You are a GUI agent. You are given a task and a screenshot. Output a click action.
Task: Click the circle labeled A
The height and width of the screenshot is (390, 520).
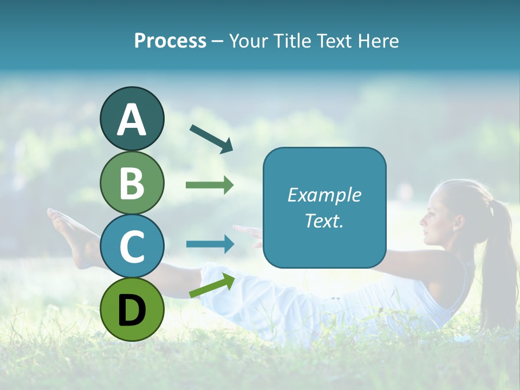coord(132,119)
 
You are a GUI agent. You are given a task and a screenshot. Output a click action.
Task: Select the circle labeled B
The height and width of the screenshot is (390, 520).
coord(132,183)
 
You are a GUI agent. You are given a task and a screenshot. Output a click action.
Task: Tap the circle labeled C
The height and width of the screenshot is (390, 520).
coord(132,246)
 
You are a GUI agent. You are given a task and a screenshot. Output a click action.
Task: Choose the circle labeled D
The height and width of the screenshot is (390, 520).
coord(132,309)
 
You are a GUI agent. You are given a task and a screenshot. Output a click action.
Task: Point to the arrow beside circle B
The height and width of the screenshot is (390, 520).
coord(210,185)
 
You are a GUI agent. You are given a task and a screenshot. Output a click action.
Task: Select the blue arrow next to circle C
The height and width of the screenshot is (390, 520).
coord(210,244)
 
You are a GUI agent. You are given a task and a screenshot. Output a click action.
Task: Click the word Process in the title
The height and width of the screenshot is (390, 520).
coord(170,41)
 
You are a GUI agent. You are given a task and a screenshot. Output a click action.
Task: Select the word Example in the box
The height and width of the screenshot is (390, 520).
coord(324,195)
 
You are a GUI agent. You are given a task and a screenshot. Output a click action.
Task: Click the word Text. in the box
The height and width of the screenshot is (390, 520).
coord(324,221)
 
